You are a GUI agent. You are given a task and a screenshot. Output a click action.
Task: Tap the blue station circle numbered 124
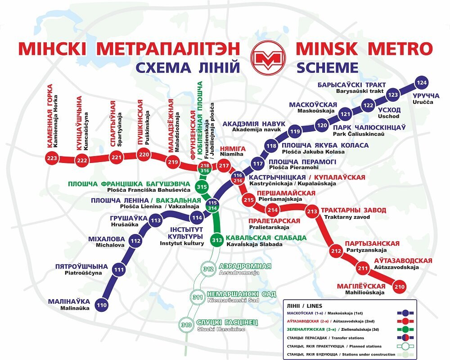(422, 83)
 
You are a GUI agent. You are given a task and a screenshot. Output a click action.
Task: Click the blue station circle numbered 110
(102, 306)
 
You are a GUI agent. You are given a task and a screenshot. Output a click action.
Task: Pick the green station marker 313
(217, 240)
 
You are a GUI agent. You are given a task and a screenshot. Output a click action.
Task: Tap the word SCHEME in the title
(327, 67)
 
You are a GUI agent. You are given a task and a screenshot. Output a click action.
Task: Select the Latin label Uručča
(422, 103)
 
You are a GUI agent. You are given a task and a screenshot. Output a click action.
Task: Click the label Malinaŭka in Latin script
(75, 308)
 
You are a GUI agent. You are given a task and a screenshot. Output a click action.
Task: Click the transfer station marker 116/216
(238, 178)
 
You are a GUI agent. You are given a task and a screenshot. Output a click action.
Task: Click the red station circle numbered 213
(312, 211)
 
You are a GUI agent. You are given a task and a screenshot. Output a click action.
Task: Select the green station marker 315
(202, 187)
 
